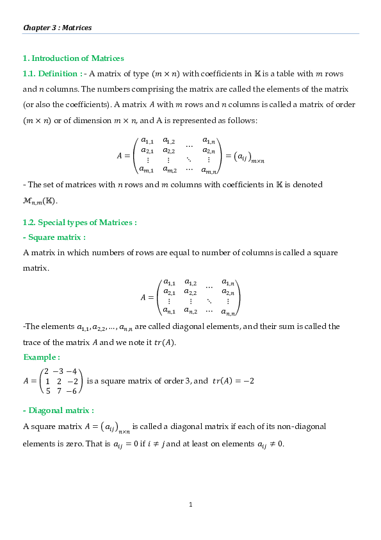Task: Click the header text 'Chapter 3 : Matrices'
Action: tap(58, 28)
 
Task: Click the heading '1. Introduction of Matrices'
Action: tap(73, 58)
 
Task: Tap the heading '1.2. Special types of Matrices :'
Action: tap(79, 223)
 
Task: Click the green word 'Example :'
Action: tap(42, 357)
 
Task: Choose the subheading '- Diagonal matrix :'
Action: tap(58, 410)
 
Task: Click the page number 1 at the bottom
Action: tap(191, 505)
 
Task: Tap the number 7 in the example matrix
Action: tap(59, 391)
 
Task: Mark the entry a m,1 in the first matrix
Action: tap(147, 169)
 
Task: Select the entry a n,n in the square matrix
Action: tap(228, 312)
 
